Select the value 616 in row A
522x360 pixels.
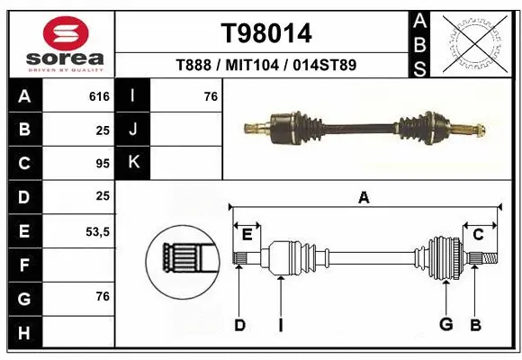98,96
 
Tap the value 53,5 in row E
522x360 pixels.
97,231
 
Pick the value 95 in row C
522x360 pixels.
102,164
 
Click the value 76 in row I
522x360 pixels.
211,96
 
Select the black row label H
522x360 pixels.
23,332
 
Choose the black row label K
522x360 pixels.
133,163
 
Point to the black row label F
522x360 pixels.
23,265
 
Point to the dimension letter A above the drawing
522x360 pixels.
364,198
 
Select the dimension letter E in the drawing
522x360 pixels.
247,235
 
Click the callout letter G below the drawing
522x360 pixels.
445,325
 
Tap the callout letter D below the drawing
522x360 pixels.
239,325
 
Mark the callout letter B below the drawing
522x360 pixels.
476,325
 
